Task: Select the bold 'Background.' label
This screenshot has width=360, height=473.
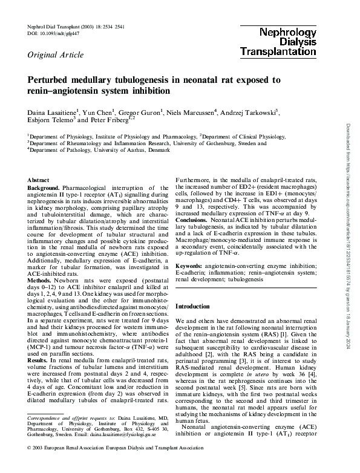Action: click(x=45, y=189)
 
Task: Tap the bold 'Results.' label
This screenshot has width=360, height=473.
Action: click(x=39, y=360)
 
